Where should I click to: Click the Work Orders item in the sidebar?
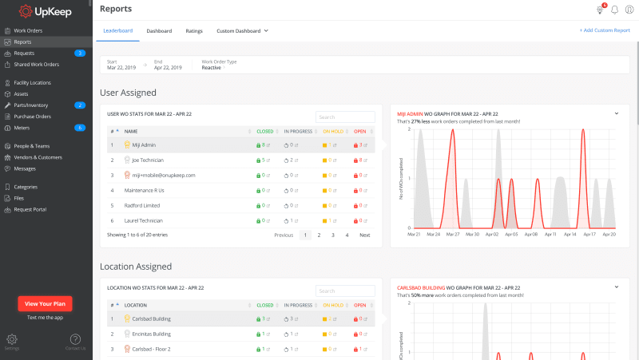(x=28, y=30)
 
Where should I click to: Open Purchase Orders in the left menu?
(x=32, y=116)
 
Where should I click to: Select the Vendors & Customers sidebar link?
(x=38, y=157)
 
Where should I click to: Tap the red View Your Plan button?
(x=46, y=303)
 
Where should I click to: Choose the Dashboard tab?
(x=159, y=30)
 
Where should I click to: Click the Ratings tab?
(x=194, y=30)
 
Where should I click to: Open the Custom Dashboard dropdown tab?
(x=242, y=30)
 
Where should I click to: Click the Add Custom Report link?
(x=605, y=30)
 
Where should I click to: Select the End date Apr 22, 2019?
(x=168, y=68)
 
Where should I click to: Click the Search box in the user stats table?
(x=345, y=117)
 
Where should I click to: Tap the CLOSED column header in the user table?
(x=264, y=131)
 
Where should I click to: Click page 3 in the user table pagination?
(x=332, y=235)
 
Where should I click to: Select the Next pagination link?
(x=364, y=235)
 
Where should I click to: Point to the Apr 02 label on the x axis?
(x=492, y=235)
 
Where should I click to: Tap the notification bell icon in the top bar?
(x=615, y=10)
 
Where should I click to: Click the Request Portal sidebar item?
(x=30, y=209)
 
